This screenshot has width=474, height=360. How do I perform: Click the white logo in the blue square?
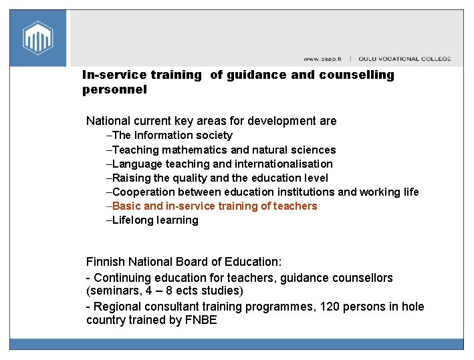pyautogui.click(x=38, y=37)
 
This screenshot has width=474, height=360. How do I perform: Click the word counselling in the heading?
pyautogui.click(x=356, y=75)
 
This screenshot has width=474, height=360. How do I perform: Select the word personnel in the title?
pyautogui.click(x=114, y=89)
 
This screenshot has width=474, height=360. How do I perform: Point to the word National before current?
pyautogui.click(x=109, y=121)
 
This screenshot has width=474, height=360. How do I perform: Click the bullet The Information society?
pyautogui.click(x=172, y=135)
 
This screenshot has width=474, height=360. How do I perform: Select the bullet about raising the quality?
pyautogui.click(x=220, y=178)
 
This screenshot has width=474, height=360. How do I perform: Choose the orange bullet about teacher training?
pyautogui.click(x=215, y=206)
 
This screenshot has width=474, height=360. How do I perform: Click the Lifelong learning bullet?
pyautogui.click(x=155, y=220)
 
